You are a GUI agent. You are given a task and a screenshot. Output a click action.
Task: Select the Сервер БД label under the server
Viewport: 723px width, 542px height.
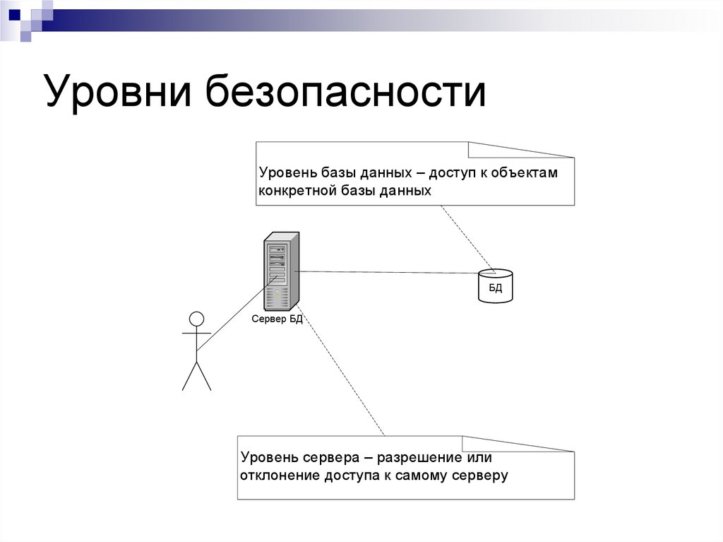(277, 319)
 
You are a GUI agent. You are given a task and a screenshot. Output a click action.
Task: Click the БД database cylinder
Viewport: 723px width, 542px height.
(496, 285)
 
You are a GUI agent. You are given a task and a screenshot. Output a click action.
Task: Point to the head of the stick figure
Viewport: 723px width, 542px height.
(197, 319)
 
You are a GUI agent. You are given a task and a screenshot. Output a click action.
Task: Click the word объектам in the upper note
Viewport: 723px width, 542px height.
(525, 173)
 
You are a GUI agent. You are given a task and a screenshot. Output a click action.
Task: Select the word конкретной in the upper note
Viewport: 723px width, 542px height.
(294, 191)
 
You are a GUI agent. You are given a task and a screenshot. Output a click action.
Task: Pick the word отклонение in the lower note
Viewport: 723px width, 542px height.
(280, 475)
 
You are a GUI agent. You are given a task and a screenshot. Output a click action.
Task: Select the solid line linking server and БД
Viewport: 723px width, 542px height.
(388, 272)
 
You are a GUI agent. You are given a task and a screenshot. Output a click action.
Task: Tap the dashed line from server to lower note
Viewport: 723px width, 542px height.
(342, 371)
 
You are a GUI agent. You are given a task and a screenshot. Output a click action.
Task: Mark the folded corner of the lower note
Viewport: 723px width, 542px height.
(519, 443)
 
